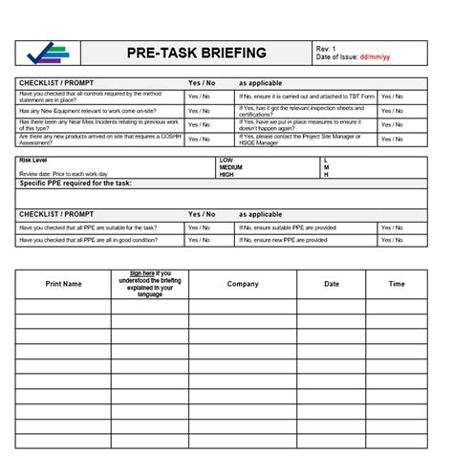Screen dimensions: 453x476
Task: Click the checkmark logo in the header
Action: tap(48, 53)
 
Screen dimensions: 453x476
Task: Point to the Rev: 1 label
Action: tap(328, 48)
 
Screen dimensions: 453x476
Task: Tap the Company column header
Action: tap(243, 284)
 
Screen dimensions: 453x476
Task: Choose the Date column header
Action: tap(331, 284)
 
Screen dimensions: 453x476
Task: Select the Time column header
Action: tap(397, 284)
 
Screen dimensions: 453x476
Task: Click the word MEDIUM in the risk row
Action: tap(232, 167)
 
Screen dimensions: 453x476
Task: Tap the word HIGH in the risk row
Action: tap(227, 175)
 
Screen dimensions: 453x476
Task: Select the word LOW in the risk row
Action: tap(226, 160)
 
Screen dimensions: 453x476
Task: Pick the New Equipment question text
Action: tap(81, 110)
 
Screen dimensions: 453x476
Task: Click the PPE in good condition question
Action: tap(85, 241)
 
